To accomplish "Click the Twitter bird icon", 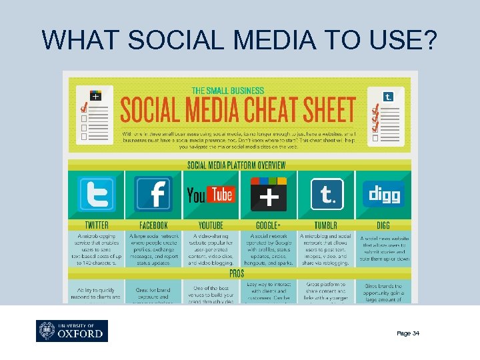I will (96, 194).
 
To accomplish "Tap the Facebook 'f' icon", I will (153, 194).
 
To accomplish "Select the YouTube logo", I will (210, 194).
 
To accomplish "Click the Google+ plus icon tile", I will (268, 195).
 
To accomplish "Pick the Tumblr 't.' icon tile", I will (327, 194).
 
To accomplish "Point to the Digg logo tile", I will (383, 194).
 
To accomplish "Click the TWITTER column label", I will (97, 225).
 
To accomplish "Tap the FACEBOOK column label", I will (153, 225).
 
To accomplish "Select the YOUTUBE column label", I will (211, 225).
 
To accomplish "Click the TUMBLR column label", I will (327, 225).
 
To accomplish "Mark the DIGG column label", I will (383, 225).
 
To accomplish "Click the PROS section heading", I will (237, 273).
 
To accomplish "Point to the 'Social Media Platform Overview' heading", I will (237, 165).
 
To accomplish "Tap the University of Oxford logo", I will (71, 331).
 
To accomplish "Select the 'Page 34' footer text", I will (408, 333).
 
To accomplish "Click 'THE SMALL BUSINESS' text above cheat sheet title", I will (228, 91).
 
